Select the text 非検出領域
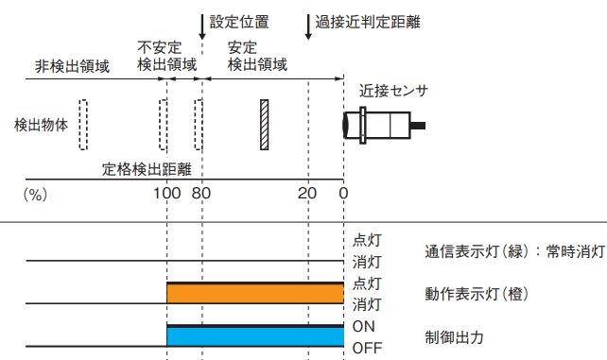[73, 66]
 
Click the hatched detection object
[265, 124]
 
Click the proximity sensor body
[383, 124]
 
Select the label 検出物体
[41, 125]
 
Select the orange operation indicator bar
[254, 294]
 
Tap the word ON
[364, 326]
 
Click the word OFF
[367, 348]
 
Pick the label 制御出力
[456, 336]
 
